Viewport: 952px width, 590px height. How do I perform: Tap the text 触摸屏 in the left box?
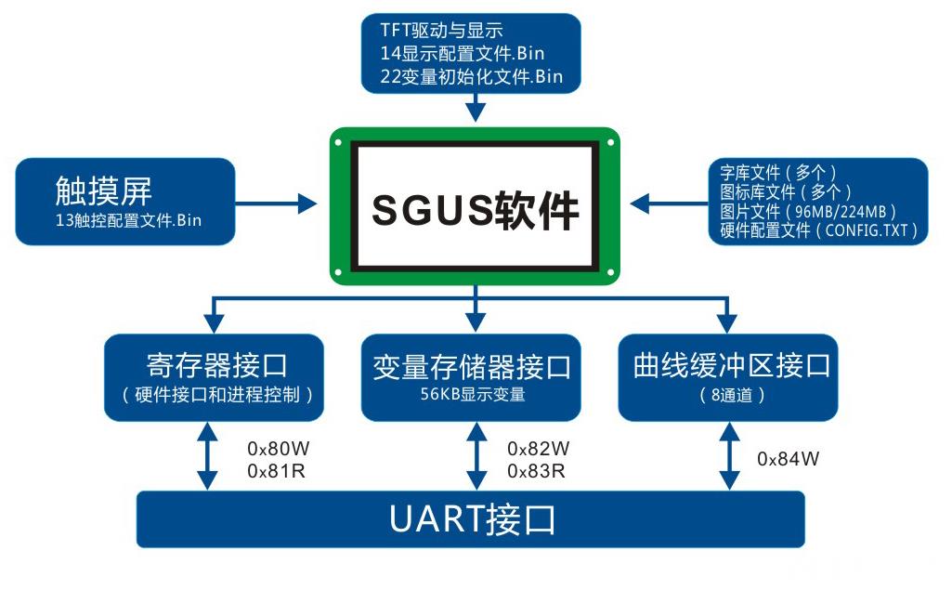[x=103, y=190]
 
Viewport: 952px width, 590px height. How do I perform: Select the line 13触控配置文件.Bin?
[x=128, y=221]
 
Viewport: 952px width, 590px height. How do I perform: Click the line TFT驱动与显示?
[x=442, y=31]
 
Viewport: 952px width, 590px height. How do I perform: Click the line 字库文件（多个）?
[x=778, y=172]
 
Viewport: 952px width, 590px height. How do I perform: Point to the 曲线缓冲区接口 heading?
[x=731, y=364]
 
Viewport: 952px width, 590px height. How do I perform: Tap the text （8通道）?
[x=731, y=395]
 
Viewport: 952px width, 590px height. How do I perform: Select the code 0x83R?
[x=536, y=470]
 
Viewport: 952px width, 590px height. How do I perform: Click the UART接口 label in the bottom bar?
[x=474, y=518]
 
